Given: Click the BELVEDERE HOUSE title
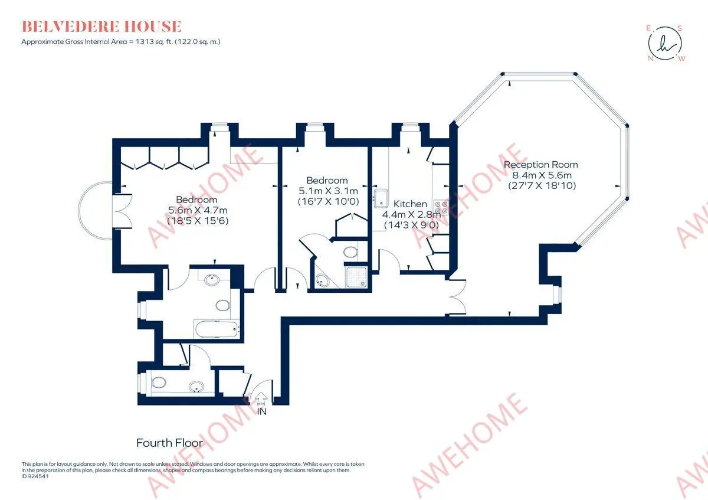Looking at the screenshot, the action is point(101,26).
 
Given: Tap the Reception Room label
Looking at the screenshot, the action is point(541,165).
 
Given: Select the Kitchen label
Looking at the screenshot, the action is point(410,204).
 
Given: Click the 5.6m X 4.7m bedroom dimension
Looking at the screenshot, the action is point(198,210).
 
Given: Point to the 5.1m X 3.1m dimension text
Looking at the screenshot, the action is point(328,191).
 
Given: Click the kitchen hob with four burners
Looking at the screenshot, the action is point(441,207).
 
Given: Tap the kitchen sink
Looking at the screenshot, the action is point(381,198).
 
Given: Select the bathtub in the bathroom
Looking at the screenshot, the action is point(217,329).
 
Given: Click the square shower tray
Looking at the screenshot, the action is point(356,277).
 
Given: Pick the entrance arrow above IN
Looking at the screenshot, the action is point(261,398).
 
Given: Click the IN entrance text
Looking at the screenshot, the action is point(262,411).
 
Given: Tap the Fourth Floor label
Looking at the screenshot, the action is point(169,443).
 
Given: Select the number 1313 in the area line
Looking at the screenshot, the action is point(144,41).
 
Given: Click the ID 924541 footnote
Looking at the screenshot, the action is point(35,476).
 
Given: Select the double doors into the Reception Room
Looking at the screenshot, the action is point(457,297).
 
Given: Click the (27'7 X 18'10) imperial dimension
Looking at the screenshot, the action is point(542,185).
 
